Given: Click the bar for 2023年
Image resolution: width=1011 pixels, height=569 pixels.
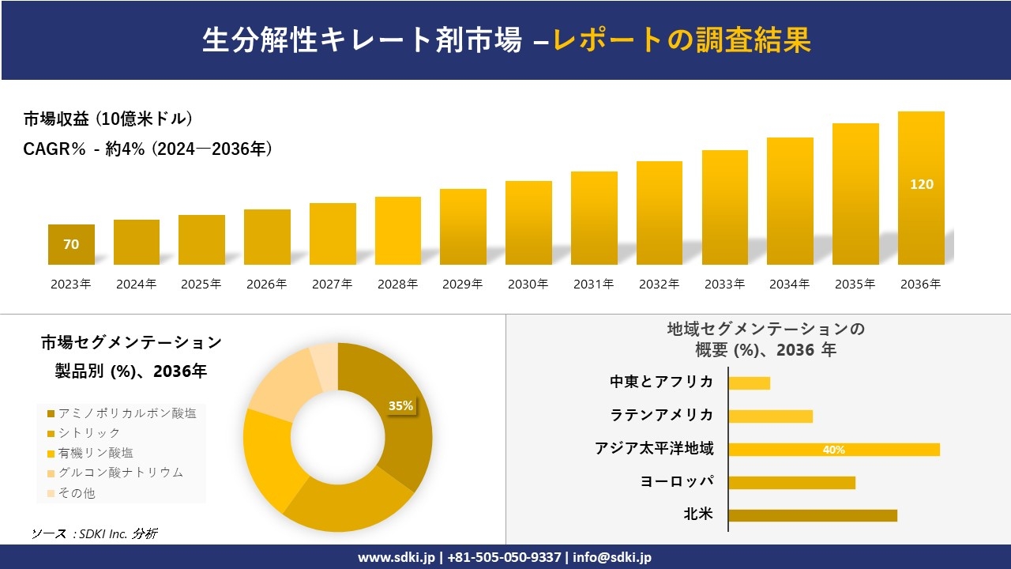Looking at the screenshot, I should coord(71,244).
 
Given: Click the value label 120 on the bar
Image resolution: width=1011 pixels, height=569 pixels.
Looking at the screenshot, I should coord(921,184).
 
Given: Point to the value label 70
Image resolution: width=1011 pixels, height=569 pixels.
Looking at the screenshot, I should coord(71,244).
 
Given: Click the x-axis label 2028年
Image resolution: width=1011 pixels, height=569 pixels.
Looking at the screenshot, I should coord(397,284).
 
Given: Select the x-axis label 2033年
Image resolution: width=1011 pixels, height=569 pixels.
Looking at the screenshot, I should coord(724,284).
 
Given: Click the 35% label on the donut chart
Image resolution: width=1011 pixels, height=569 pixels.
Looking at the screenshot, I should coord(400,405).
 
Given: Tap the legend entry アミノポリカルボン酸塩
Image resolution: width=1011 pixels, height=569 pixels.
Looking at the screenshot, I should coord(126,413).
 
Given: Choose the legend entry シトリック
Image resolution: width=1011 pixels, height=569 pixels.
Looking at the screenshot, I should coord(88,433).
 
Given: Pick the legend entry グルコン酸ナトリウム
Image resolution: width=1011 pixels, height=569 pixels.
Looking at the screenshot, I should coord(120,473).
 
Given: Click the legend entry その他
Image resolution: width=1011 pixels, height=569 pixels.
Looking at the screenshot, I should coord(76,493).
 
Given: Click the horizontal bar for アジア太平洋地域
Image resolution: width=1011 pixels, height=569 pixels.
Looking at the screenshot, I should coord(833,450).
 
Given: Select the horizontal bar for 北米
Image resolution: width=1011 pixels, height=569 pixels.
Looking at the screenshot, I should coord(812,515).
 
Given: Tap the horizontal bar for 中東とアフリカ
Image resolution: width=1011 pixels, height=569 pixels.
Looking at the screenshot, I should coord(749,383).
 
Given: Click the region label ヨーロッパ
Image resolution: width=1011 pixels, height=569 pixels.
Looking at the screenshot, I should coord(677,481).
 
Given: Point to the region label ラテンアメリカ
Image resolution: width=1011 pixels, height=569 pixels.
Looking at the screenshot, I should coord(662,415).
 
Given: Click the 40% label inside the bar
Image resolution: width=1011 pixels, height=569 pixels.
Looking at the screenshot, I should coord(833,450).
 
